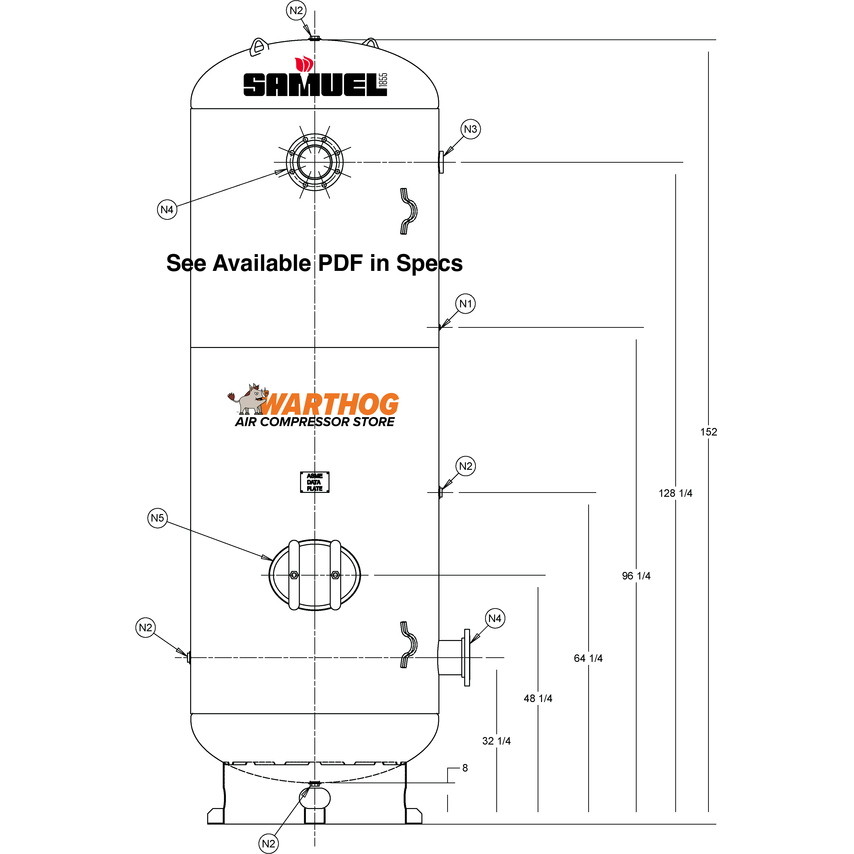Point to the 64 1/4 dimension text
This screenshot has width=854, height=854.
coord(588,658)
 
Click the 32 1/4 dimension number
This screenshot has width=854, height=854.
coord(496,741)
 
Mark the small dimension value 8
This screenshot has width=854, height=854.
coord(465,768)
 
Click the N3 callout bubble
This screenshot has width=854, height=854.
coord(470,129)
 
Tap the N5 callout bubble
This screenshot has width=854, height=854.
coord(157,518)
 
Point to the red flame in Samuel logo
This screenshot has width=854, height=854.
coord(304,64)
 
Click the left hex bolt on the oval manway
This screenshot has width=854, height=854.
coord(294,575)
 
